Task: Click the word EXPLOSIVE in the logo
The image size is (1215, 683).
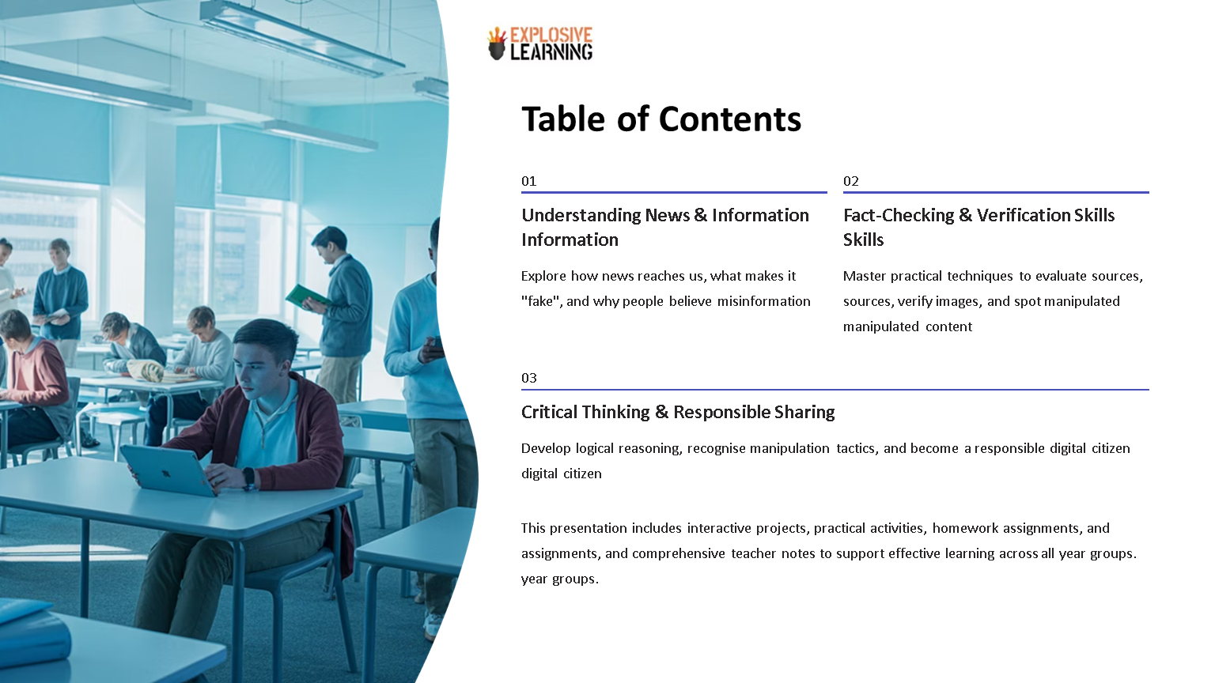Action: tap(551, 35)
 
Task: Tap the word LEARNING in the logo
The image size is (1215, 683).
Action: tap(551, 52)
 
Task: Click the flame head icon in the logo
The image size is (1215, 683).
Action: tap(497, 44)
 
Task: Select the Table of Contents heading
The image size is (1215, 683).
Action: tap(661, 119)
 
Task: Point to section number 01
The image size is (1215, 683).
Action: tap(528, 181)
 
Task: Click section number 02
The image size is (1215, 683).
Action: tap(850, 181)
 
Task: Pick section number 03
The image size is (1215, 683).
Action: tap(528, 378)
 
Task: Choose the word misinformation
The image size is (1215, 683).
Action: tap(763, 301)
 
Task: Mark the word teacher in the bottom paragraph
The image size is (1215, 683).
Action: tap(754, 553)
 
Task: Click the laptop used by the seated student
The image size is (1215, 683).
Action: tap(167, 470)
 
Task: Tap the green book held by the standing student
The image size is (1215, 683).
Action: tap(305, 296)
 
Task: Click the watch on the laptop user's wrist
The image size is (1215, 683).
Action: tap(248, 477)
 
